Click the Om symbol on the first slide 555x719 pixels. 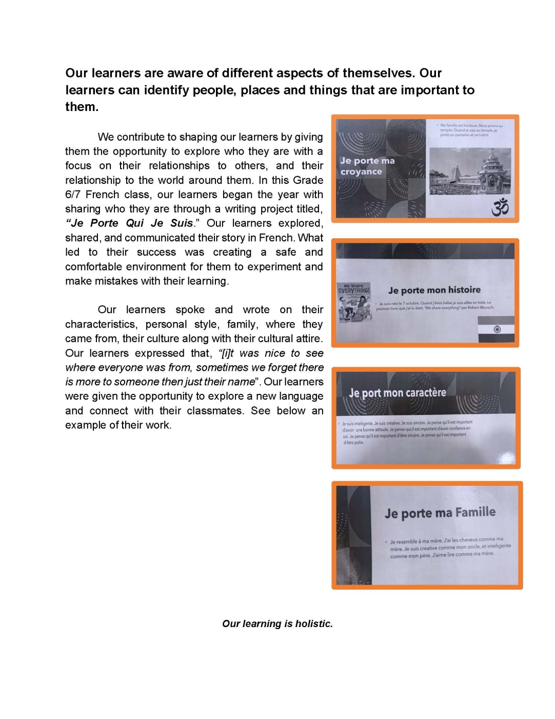click(500, 208)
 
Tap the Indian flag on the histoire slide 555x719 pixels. click(495, 329)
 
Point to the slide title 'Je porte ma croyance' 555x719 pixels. click(367, 166)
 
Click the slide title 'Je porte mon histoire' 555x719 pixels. click(434, 290)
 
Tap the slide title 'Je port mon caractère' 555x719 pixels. click(398, 393)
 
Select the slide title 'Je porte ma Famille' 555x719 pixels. click(440, 513)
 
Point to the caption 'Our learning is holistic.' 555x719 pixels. click(277, 623)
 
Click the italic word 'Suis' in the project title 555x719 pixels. click(182, 223)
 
